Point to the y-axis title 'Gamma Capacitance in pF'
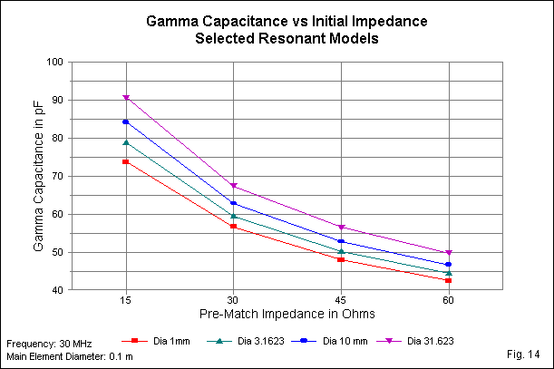point(37,177)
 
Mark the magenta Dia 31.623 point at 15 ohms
point(126,98)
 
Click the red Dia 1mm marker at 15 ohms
point(126,161)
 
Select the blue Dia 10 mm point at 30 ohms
point(234,203)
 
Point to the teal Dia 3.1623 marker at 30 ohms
point(234,216)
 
